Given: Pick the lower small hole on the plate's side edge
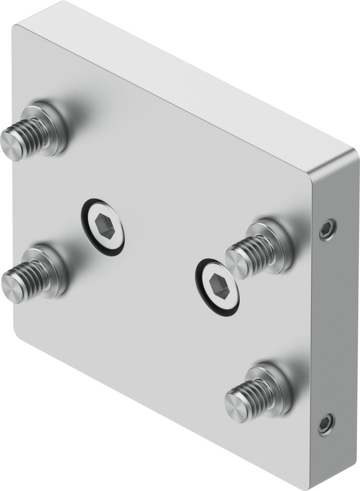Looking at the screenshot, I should pyautogui.click(x=326, y=424).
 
